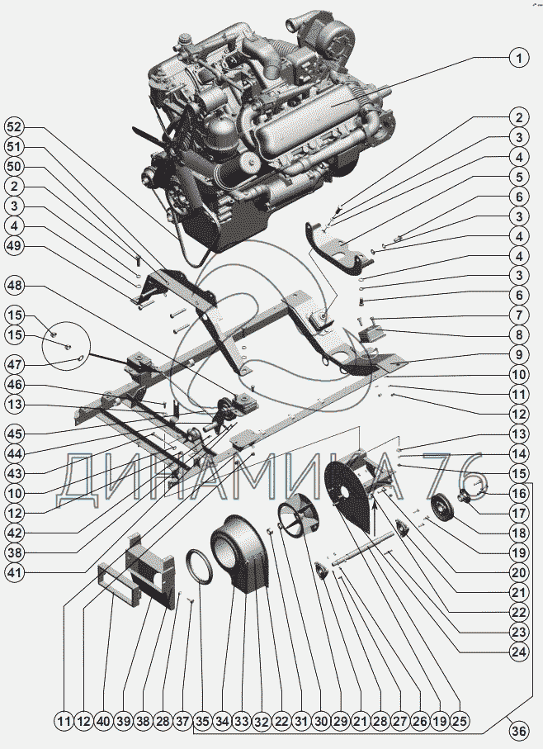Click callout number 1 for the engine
[519, 59]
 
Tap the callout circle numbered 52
[14, 127]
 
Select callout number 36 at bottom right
[519, 730]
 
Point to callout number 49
[14, 245]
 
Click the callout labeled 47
[14, 365]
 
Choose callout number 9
[519, 354]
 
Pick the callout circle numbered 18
[519, 533]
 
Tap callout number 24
[519, 652]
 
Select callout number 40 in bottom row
[103, 721]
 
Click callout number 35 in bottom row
[202, 721]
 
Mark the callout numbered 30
[321, 721]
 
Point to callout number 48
[14, 286]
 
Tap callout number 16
[519, 493]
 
